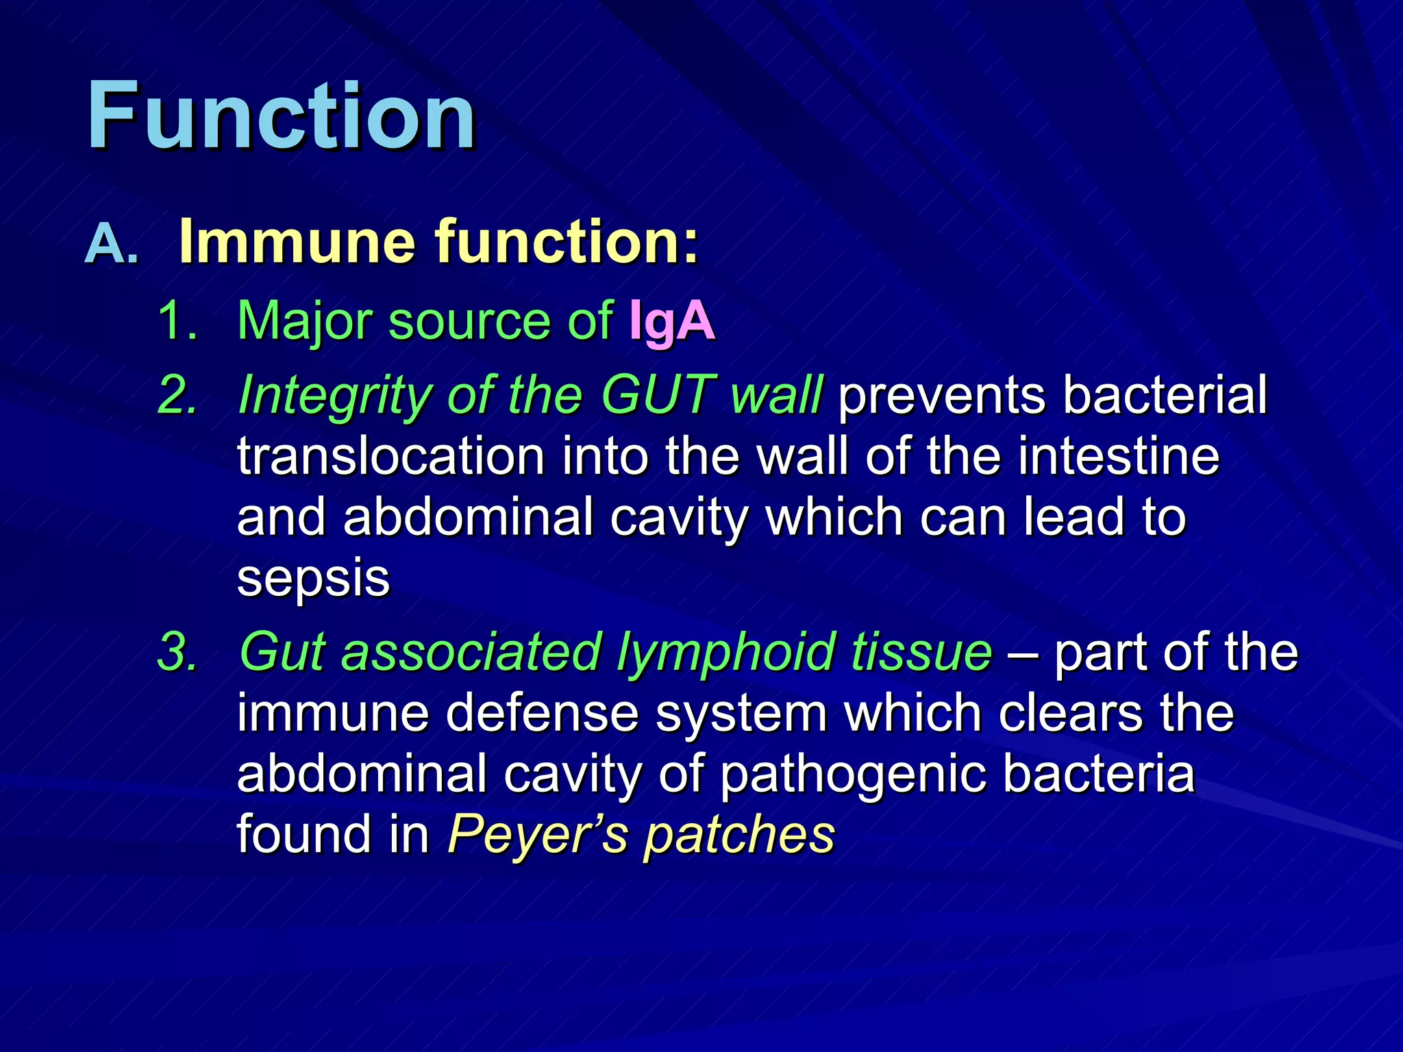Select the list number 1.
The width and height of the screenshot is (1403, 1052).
click(177, 321)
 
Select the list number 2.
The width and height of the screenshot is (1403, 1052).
click(177, 396)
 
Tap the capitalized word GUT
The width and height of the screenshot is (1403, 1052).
click(658, 395)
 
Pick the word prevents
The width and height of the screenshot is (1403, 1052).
click(941, 396)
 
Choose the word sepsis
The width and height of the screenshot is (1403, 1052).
click(313, 579)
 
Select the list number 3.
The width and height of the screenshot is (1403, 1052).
click(177, 652)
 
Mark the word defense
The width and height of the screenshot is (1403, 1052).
click(542, 714)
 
